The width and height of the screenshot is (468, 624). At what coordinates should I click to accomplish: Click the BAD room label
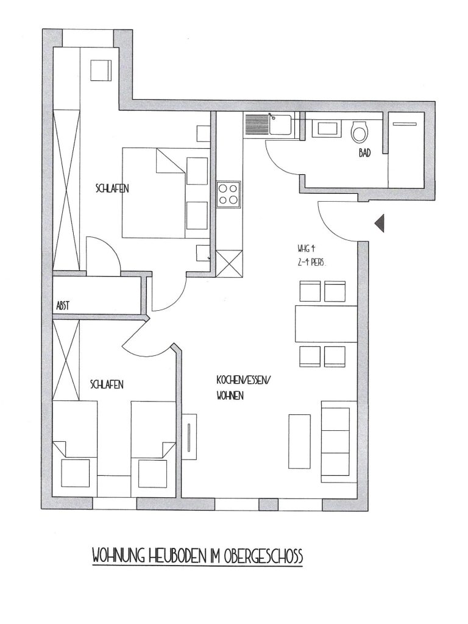click(x=364, y=152)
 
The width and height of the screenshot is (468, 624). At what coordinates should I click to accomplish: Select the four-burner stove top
click(x=229, y=194)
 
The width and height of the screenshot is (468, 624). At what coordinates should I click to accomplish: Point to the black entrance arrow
click(x=380, y=223)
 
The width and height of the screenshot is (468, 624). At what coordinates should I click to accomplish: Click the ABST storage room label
click(x=63, y=306)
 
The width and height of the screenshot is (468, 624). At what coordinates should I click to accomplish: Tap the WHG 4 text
click(x=306, y=249)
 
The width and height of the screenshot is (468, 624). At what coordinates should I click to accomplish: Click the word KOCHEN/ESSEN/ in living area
click(x=243, y=380)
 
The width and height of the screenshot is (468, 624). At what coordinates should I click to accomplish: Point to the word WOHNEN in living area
click(x=230, y=396)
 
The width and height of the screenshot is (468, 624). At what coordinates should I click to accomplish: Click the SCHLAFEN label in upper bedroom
click(x=112, y=188)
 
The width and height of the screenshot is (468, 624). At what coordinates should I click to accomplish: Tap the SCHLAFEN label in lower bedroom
click(x=107, y=385)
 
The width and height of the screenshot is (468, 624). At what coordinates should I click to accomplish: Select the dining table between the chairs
click(x=326, y=324)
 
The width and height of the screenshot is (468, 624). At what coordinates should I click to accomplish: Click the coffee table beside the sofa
click(x=299, y=441)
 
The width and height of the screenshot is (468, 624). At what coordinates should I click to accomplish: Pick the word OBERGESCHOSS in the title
click(x=263, y=556)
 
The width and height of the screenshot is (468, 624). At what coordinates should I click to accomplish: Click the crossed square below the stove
click(x=229, y=263)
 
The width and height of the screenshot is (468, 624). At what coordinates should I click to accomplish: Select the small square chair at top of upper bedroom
click(x=101, y=71)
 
